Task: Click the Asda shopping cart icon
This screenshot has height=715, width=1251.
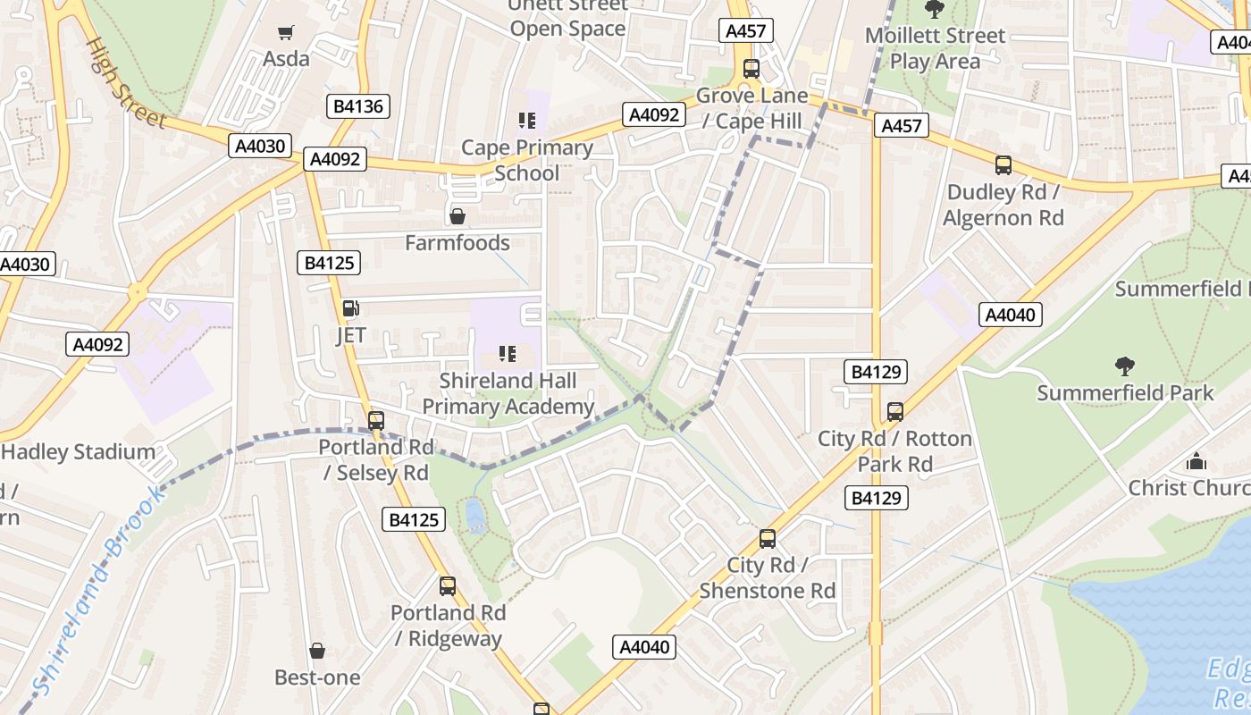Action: pos(286,33)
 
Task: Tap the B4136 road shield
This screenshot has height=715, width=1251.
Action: pos(357,106)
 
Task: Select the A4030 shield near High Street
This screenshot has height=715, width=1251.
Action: pos(260,146)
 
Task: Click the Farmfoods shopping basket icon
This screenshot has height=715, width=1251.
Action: pos(458,216)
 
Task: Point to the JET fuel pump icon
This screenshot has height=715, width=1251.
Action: pos(351,309)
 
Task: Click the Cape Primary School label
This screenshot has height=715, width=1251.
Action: pos(526,160)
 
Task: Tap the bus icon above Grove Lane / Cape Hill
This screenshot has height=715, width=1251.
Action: pos(751,68)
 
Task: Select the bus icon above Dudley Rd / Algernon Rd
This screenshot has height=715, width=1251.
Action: pos(1003,164)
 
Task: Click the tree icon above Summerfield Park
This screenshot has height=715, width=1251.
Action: pos(1125,366)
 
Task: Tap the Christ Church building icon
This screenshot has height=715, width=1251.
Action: pos(1196,461)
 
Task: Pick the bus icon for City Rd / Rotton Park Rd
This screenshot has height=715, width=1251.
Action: pos(895,412)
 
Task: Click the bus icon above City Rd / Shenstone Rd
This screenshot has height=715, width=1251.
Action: pos(768,539)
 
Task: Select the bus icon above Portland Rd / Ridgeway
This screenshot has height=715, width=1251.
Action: pos(448,586)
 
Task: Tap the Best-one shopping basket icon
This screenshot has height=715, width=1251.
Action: pos(317,651)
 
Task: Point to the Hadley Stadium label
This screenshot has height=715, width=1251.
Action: pos(79,451)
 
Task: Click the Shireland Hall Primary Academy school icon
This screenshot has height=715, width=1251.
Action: pos(508,354)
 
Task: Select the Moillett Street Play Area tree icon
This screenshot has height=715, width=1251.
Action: pos(935,10)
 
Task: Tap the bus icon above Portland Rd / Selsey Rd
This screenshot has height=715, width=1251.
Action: pos(376,420)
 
